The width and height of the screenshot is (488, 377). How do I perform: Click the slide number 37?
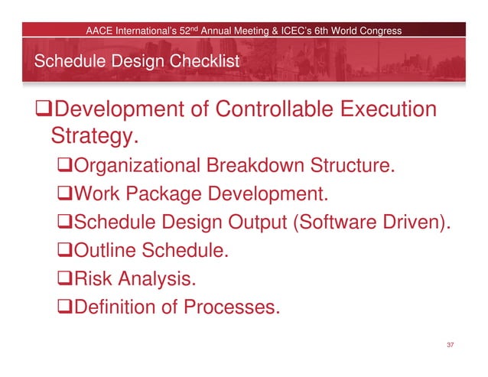(450, 346)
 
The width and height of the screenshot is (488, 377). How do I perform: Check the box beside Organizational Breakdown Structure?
(68, 166)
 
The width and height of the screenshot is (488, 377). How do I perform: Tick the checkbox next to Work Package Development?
(68, 194)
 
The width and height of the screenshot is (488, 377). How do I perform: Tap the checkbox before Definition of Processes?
(68, 307)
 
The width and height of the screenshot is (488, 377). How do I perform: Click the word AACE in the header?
(99, 31)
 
